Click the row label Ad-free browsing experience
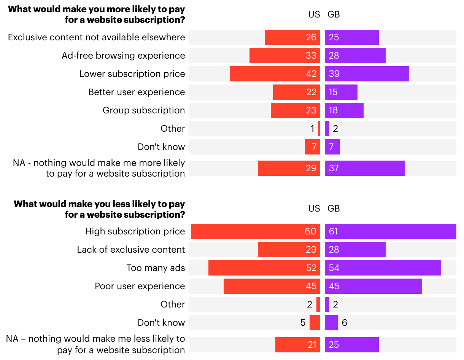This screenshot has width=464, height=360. pyautogui.click(x=123, y=56)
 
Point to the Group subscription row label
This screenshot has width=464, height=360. pyautogui.click(x=144, y=110)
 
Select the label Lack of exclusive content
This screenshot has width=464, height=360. pyautogui.click(x=131, y=250)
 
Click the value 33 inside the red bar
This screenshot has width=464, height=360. pyautogui.click(x=311, y=56)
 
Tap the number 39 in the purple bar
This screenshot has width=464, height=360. pyautogui.click(x=334, y=74)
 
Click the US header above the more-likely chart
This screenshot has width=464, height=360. pyautogui.click(x=314, y=14)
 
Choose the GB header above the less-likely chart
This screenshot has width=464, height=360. pyautogui.click(x=334, y=209)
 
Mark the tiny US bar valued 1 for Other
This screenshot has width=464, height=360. pyautogui.click(x=319, y=129)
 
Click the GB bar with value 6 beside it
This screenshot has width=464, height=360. pyautogui.click(x=331, y=323)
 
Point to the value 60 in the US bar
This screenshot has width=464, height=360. pyautogui.click(x=310, y=231)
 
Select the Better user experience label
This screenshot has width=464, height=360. pyautogui.click(x=137, y=92)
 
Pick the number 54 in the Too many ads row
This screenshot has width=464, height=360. pyautogui.click(x=334, y=268)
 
